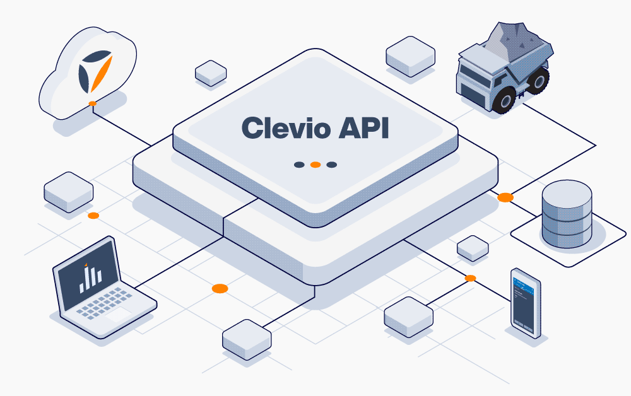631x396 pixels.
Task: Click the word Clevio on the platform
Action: click(285, 128)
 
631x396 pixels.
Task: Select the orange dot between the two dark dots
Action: click(315, 165)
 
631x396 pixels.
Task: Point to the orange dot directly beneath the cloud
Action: click(92, 103)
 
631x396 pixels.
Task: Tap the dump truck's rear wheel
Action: click(538, 81)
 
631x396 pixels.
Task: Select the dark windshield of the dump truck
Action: click(470, 71)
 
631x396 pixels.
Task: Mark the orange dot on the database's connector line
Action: click(505, 197)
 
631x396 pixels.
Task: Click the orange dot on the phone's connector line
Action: click(470, 277)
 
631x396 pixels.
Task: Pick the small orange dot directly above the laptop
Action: click(93, 216)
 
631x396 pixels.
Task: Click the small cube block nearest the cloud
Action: click(211, 73)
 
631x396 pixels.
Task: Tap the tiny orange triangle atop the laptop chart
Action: click(86, 262)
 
